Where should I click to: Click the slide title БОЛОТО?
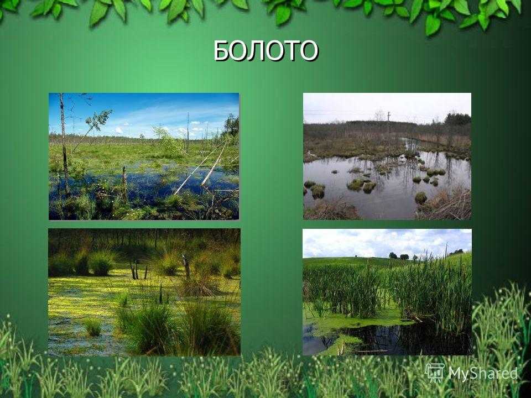point(266,51)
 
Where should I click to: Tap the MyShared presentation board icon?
point(435,373)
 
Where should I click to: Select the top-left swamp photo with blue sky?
point(144,156)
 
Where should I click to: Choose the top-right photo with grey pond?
point(387,156)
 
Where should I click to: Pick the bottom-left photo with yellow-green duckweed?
point(144,292)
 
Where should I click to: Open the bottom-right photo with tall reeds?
point(387,292)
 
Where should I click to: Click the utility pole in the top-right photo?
point(388,122)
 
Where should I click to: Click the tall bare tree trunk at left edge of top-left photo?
point(64,142)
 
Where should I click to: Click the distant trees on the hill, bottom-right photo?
point(399,256)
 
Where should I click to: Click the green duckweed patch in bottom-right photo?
point(359,320)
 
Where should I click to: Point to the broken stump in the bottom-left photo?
point(186,266)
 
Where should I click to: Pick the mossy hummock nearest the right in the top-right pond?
point(420,198)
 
